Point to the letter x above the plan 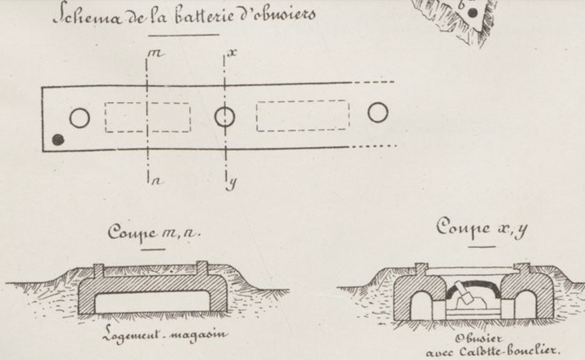(231, 50)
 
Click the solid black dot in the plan (59, 139)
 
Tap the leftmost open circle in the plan (79, 118)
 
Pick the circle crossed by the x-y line (225, 117)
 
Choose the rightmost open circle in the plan (378, 112)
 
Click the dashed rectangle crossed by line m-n (147, 117)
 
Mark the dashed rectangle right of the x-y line (302, 115)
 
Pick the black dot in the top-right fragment (472, 12)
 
